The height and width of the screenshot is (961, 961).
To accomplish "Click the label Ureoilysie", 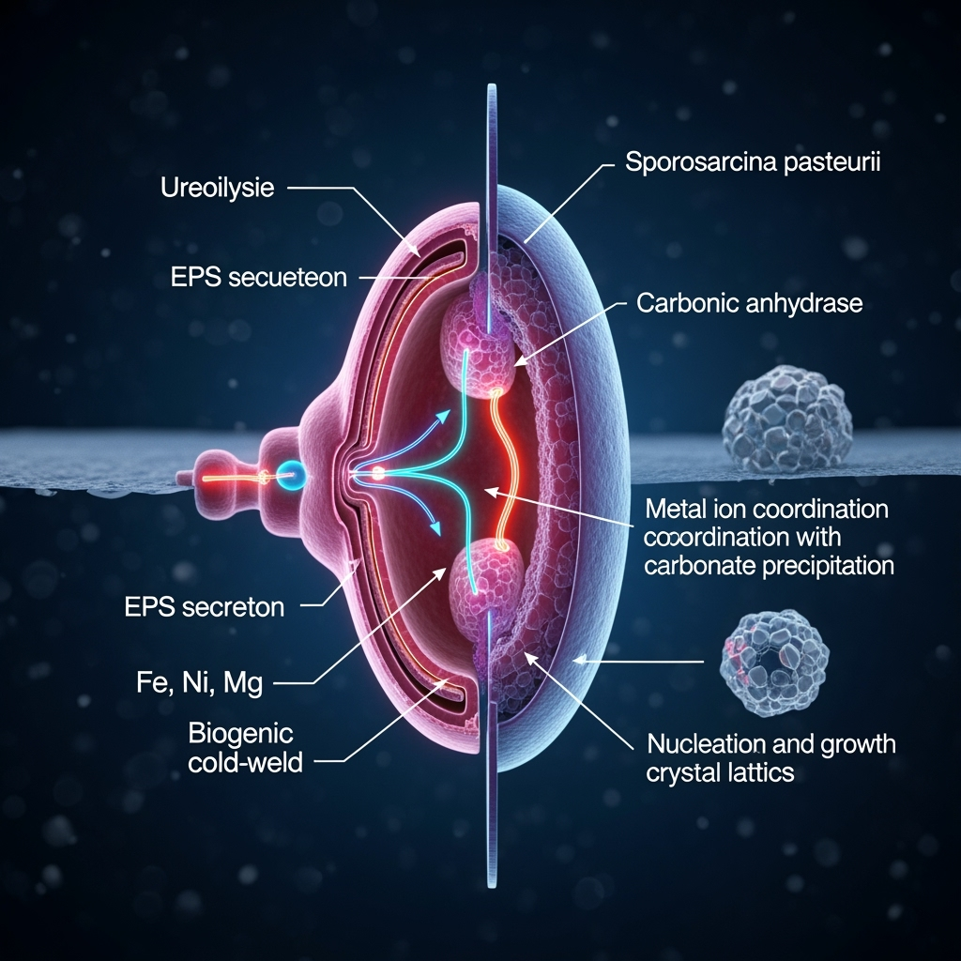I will pos(218,188).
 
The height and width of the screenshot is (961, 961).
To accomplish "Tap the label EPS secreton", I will pos(205,606).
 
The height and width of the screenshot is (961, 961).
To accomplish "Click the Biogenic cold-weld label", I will pos(246,747).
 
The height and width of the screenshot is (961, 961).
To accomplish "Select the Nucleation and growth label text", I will pos(771,745).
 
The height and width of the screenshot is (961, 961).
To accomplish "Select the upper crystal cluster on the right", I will pos(786,419).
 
